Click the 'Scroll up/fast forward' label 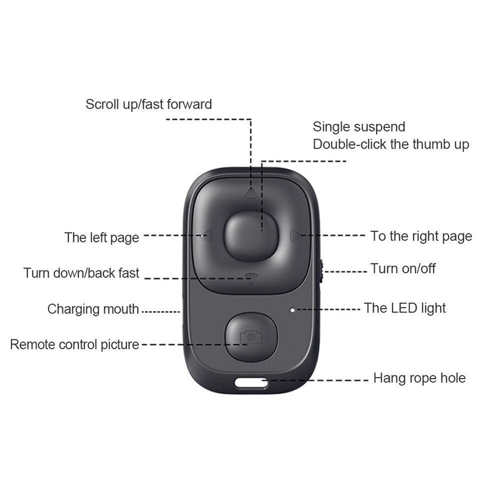click(148, 104)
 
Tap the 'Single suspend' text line click(358, 127)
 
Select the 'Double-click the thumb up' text click(391, 144)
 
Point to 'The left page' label click(101, 237)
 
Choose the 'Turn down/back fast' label click(81, 273)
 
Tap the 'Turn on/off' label click(402, 268)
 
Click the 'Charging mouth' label click(93, 309)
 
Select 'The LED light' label click(404, 307)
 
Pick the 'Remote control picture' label click(74, 344)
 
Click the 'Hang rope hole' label click(419, 377)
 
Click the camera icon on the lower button click(250, 338)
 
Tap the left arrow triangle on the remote click(205, 234)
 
